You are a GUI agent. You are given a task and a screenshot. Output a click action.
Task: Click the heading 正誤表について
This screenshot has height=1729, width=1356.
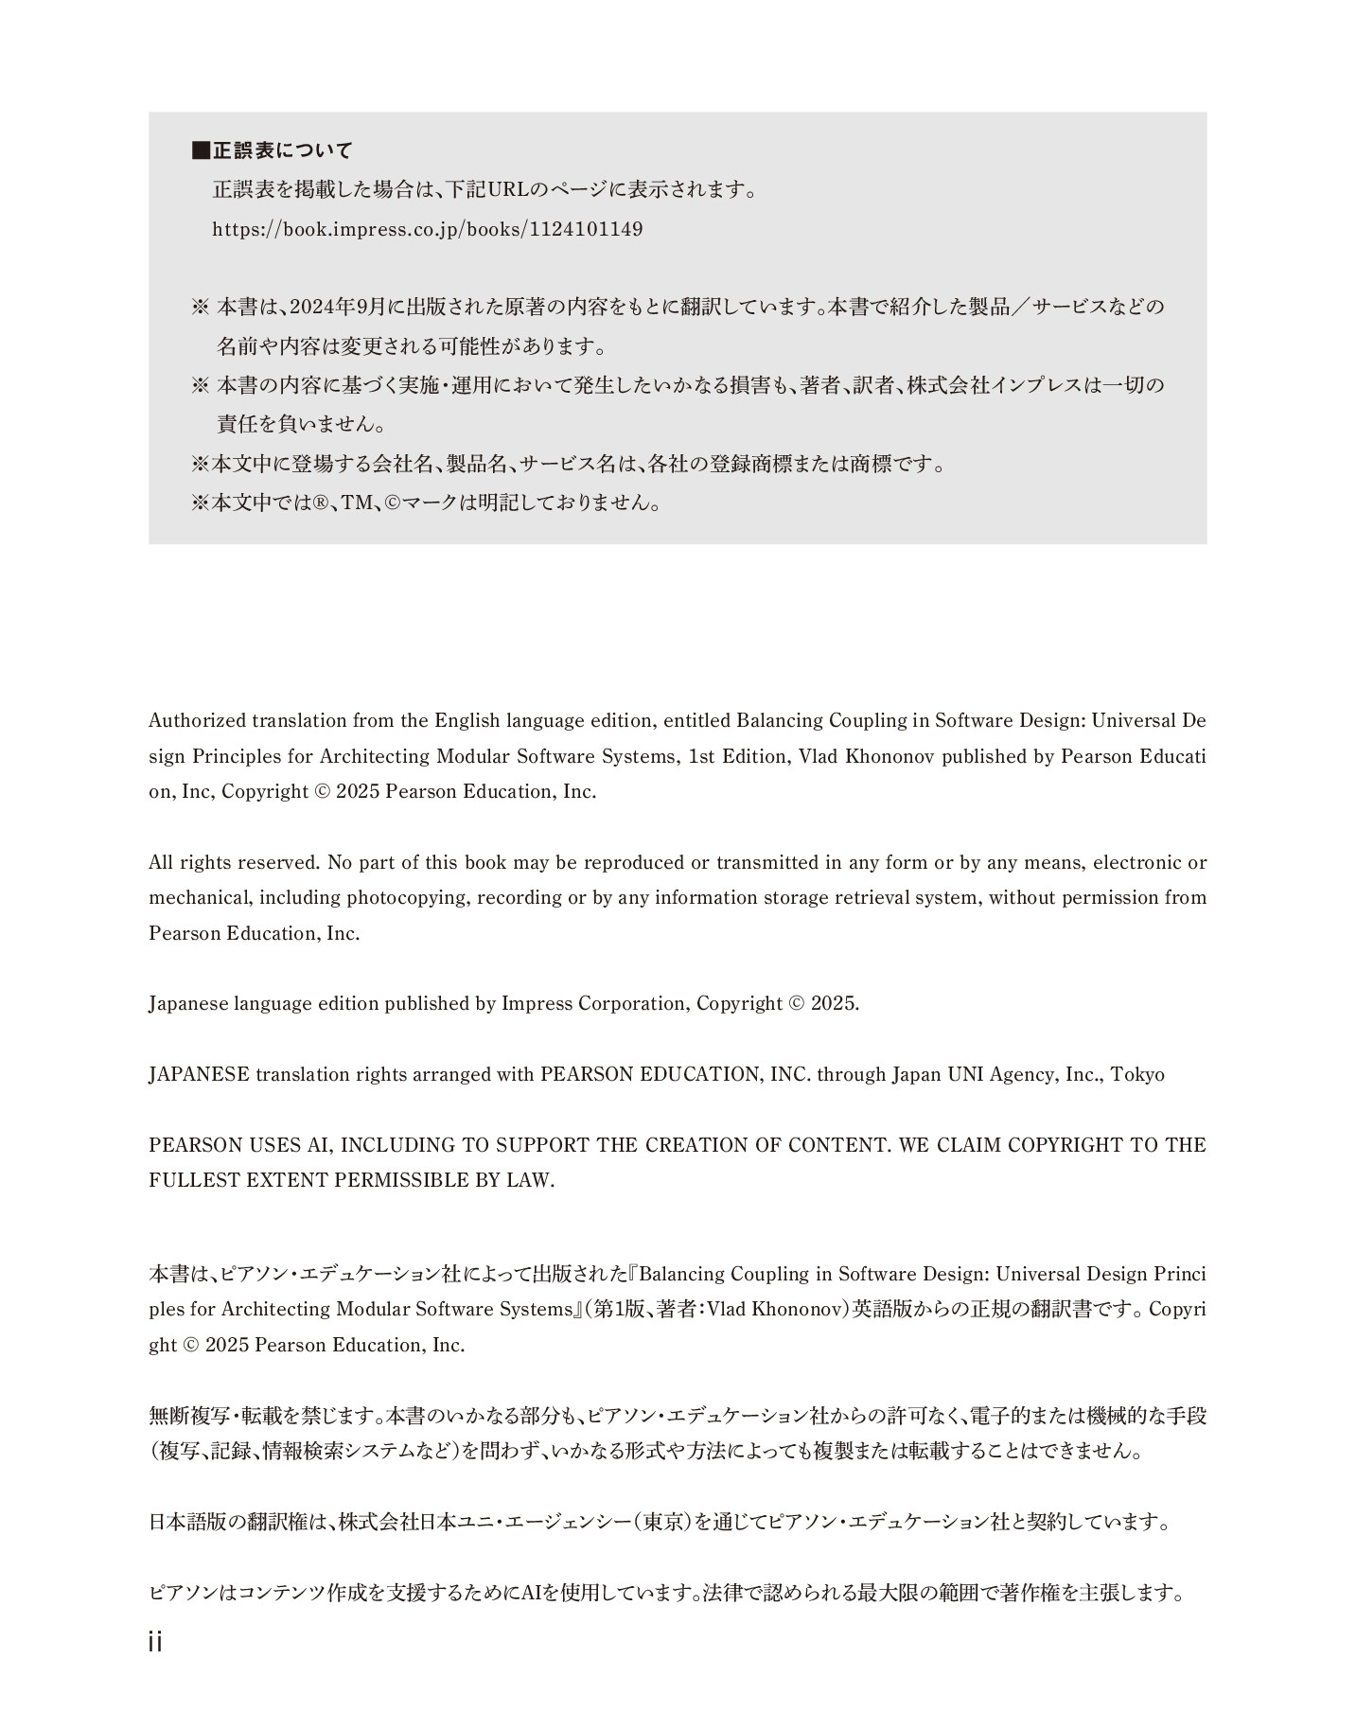282,150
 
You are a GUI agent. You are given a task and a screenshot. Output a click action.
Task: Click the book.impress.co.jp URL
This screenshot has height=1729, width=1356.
427,229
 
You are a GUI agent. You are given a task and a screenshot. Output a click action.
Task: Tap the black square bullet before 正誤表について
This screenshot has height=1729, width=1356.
200,150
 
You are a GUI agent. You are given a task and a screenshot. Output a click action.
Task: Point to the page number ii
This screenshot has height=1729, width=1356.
155,1642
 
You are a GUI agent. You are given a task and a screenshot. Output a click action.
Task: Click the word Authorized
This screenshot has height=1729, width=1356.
197,720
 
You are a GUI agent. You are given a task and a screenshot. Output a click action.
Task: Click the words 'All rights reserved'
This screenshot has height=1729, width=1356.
235,862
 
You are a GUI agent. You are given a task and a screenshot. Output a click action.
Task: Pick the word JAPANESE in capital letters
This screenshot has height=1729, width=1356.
199,1074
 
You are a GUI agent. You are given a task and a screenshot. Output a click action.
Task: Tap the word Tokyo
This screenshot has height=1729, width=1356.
1137,1074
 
